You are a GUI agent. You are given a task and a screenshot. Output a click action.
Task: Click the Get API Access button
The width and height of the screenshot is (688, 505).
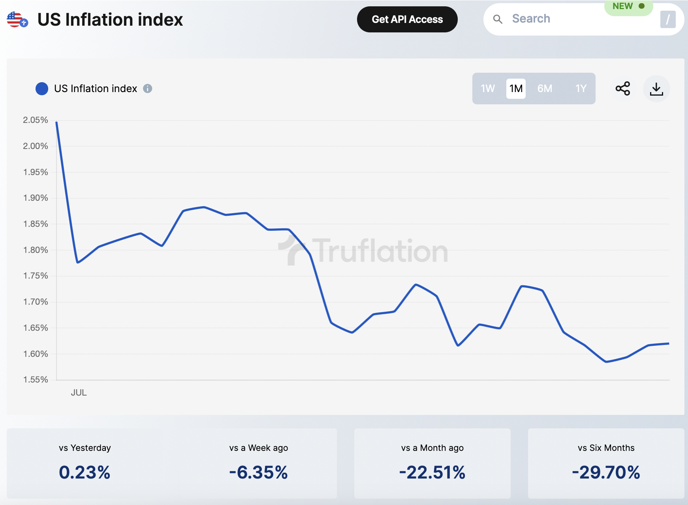[407, 19]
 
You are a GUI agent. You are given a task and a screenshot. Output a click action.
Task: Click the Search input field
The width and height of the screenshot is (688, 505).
[573, 19]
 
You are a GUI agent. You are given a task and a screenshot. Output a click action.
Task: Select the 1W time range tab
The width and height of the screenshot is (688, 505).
[488, 89]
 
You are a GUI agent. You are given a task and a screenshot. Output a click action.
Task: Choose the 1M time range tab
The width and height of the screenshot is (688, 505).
[516, 89]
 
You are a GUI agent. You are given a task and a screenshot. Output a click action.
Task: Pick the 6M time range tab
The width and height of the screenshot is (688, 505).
[545, 89]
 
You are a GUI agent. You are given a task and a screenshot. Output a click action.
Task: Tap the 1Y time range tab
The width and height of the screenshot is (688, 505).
[581, 89]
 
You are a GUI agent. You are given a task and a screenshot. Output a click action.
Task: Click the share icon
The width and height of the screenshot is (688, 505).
[623, 89]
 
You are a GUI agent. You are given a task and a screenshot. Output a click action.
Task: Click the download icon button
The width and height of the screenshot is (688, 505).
[656, 89]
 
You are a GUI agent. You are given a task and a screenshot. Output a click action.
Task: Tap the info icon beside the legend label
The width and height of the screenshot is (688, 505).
[147, 89]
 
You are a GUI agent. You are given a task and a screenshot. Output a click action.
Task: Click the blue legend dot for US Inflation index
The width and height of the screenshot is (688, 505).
[42, 89]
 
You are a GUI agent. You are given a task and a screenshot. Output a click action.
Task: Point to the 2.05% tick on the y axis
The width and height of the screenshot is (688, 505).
[36, 120]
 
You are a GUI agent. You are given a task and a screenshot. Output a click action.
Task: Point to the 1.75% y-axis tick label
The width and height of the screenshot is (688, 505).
[36, 276]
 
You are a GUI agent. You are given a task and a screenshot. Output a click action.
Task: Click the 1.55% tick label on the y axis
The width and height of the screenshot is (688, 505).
[36, 380]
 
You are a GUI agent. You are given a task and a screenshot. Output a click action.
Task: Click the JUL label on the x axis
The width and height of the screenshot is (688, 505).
[79, 393]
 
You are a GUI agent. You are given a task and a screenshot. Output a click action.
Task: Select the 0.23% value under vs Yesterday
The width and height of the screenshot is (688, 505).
[85, 473]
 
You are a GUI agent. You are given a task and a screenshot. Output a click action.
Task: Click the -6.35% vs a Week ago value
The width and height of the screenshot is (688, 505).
[258, 473]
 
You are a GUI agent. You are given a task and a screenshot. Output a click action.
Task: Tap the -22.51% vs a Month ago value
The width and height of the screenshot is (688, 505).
[432, 473]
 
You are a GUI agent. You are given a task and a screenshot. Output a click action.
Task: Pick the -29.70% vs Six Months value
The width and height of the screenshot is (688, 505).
[606, 473]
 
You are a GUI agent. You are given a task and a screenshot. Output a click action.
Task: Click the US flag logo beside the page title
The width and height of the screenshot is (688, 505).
[17, 20]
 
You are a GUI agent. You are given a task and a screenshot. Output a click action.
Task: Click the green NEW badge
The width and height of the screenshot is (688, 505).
[628, 6]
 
